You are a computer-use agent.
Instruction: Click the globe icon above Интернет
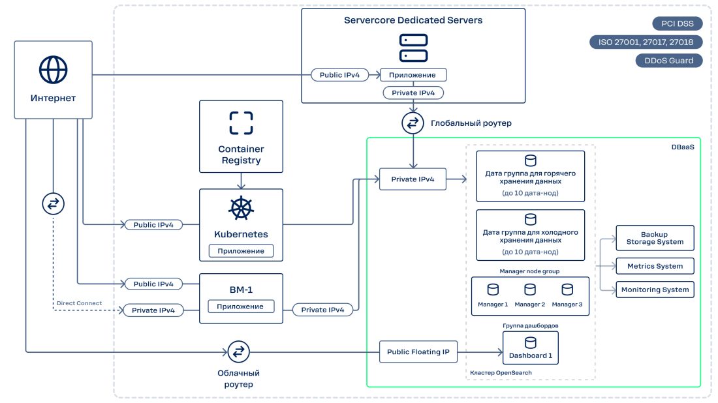click(53, 68)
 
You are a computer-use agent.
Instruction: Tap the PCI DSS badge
click(678, 24)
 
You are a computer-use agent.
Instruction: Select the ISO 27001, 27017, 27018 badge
click(646, 42)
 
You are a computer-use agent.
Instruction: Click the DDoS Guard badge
click(669, 61)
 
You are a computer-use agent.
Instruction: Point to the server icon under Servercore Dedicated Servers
click(413, 48)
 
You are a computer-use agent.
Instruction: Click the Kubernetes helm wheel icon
click(241, 208)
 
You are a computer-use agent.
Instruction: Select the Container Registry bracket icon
click(241, 123)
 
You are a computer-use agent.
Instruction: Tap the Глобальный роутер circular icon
click(413, 123)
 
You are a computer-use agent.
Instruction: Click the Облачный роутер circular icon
click(239, 351)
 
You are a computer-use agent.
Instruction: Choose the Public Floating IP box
click(418, 352)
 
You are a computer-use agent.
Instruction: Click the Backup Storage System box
click(655, 238)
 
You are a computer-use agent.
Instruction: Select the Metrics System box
click(655, 266)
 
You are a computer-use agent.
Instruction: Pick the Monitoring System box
click(655, 290)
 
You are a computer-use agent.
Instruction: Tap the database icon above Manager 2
click(530, 289)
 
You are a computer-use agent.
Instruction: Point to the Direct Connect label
click(79, 303)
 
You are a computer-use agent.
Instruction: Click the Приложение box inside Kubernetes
click(241, 250)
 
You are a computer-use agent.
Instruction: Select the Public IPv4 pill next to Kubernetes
click(153, 225)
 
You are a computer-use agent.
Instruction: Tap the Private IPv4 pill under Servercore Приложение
click(413, 93)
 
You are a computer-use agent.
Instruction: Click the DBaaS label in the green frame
click(682, 148)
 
